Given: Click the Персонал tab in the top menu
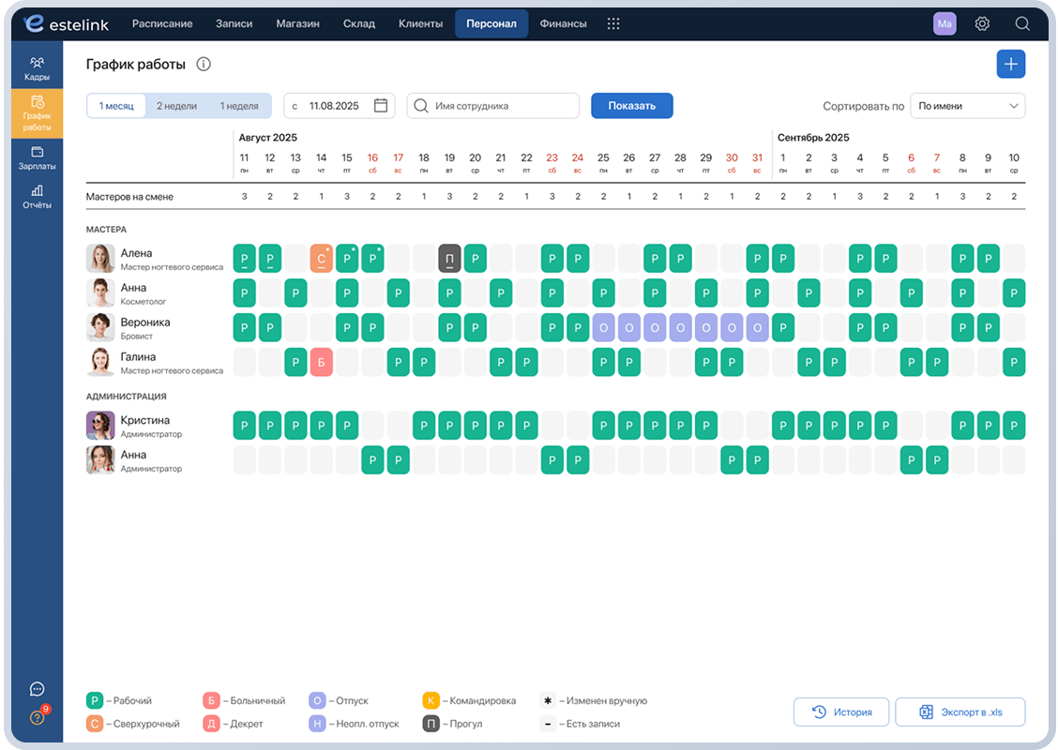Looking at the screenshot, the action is pos(491,23).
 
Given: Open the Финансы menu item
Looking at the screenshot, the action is pos(563,23).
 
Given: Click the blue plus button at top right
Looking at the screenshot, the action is pos(1011,64).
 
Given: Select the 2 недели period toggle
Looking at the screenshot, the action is pos(176,106).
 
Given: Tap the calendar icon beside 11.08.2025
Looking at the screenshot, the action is pos(381,106).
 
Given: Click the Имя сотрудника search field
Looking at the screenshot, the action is pos(493,106).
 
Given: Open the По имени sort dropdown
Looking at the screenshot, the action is pos(968,106).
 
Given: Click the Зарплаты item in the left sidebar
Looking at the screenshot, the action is pos(38,157).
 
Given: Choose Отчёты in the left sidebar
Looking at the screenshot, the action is pos(38,197).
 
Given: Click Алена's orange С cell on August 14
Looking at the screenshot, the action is pos(321,259).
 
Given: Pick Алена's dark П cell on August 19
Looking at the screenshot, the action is pos(449,259).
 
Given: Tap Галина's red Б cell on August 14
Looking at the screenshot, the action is pos(321,362).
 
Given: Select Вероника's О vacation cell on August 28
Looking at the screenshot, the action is pos(680,328).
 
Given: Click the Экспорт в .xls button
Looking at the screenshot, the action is pos(960,712).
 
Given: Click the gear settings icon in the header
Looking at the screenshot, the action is pos(982,23).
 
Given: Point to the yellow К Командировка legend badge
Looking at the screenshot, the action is pos(431,700).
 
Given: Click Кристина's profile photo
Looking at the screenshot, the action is pos(100,426).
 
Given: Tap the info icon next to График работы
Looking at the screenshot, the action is pos(204,64).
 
